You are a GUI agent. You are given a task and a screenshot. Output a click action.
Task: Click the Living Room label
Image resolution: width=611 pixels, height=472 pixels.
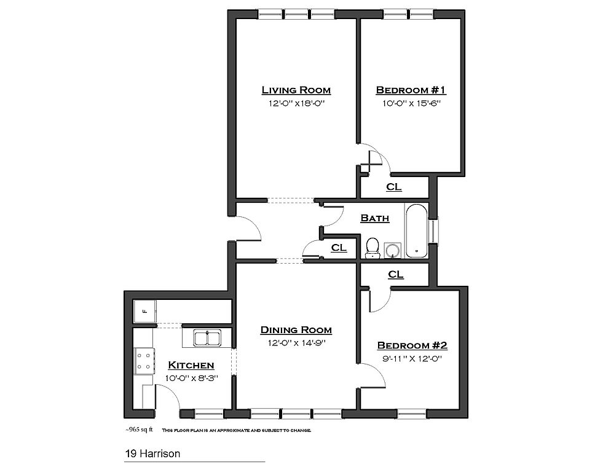point(296,90)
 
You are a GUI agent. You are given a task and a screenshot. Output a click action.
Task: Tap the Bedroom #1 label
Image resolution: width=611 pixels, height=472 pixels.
point(411,90)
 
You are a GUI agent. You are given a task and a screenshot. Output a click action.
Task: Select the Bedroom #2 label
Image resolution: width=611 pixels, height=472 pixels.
point(410,345)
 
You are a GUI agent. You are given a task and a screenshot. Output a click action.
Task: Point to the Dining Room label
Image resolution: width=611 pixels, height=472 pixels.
point(296,330)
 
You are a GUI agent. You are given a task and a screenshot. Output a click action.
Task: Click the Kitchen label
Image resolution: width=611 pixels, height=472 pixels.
point(191,365)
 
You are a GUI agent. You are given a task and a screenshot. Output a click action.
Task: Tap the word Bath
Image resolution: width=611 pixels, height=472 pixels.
point(374,218)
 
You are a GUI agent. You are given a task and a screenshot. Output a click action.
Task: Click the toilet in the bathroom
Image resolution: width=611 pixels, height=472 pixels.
point(372,247)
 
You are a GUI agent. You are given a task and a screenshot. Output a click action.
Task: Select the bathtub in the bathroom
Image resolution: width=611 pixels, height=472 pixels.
point(416,230)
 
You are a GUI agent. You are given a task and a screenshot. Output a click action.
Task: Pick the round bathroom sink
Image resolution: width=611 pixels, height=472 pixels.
point(392,250)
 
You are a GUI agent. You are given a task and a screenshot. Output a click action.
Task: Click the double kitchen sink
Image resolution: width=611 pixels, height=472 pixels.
point(208,338)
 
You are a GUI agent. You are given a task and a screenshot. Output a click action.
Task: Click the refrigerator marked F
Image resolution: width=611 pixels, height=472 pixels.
point(145,311)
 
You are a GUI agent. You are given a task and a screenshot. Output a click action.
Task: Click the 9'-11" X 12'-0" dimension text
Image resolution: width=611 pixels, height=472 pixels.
point(410,358)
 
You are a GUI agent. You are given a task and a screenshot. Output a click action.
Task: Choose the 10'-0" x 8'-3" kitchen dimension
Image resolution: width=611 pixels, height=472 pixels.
point(191,377)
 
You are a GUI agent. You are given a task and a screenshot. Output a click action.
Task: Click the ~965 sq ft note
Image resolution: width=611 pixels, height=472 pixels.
point(139,430)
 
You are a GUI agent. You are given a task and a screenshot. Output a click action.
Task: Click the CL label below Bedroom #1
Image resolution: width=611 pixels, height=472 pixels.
point(393,187)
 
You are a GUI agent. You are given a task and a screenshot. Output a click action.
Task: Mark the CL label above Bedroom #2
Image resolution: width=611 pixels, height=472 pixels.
point(396,274)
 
